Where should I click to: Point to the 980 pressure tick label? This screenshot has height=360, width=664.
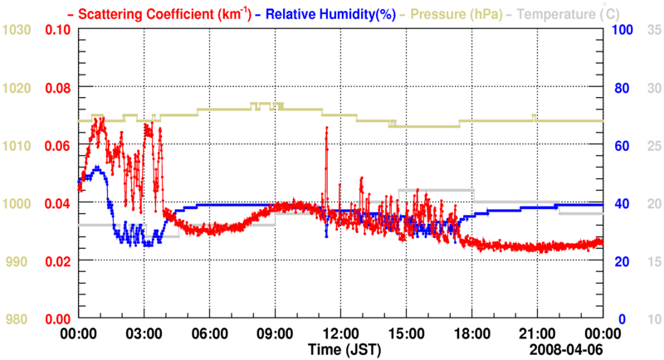pyautogui.click(x=20, y=319)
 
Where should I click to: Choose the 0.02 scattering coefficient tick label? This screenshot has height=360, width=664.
pyautogui.click(x=57, y=261)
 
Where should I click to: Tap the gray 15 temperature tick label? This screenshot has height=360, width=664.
pyautogui.click(x=653, y=261)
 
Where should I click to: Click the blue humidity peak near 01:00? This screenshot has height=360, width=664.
pyautogui.click(x=98, y=168)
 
